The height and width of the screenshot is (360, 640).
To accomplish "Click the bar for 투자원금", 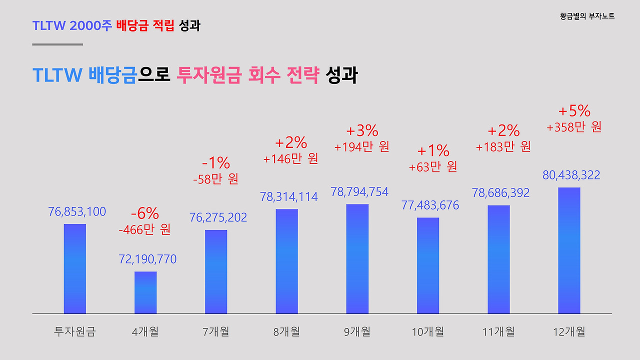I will [x=75, y=268].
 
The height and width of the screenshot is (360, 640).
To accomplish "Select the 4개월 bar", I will [x=145, y=292].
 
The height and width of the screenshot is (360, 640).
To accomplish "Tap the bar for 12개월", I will [x=569, y=250].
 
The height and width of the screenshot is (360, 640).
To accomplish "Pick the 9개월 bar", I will [x=357, y=258].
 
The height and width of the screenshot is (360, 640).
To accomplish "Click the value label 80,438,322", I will [x=571, y=175].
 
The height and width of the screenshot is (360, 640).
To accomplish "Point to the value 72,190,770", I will [x=147, y=259].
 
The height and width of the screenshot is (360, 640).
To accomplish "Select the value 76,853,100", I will [x=77, y=212].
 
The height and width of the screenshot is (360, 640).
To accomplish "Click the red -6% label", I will [x=145, y=214].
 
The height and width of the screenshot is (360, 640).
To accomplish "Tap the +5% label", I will [x=574, y=110].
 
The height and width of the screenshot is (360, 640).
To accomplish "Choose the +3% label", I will [x=362, y=131].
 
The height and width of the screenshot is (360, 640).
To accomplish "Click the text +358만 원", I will [x=574, y=127].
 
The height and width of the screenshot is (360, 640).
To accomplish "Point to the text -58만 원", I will [x=215, y=178].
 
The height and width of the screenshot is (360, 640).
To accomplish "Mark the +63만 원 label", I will [x=433, y=167].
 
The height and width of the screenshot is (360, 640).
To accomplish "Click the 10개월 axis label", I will [x=427, y=331].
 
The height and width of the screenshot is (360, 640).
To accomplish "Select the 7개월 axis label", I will [x=215, y=331].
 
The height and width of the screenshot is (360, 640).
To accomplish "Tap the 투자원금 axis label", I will [x=74, y=331].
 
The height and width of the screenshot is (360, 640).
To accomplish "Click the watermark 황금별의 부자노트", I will [x=587, y=16].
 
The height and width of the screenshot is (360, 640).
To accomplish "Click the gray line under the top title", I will [x=57, y=44].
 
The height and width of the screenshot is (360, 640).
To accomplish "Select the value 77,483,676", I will [x=430, y=205].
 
